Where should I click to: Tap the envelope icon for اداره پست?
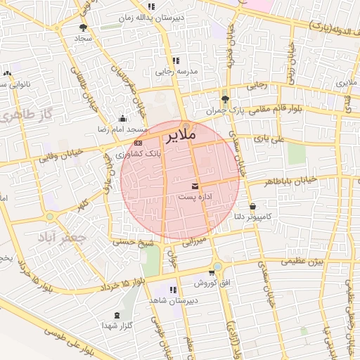coord(195,186)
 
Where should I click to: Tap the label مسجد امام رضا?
coord(122,129)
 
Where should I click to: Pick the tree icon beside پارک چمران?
coord(225,99)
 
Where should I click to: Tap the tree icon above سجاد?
coord(84,27)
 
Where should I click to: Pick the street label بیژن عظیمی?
coord(302,262)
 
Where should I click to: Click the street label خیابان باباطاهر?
coord(291,182)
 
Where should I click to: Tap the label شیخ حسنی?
coord(132,240)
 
